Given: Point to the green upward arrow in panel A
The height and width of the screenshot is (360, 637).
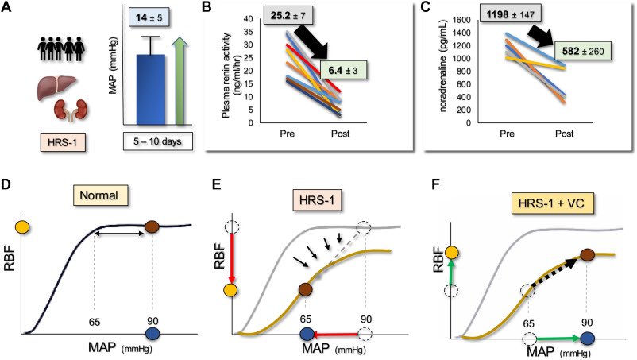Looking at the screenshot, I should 182,85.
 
